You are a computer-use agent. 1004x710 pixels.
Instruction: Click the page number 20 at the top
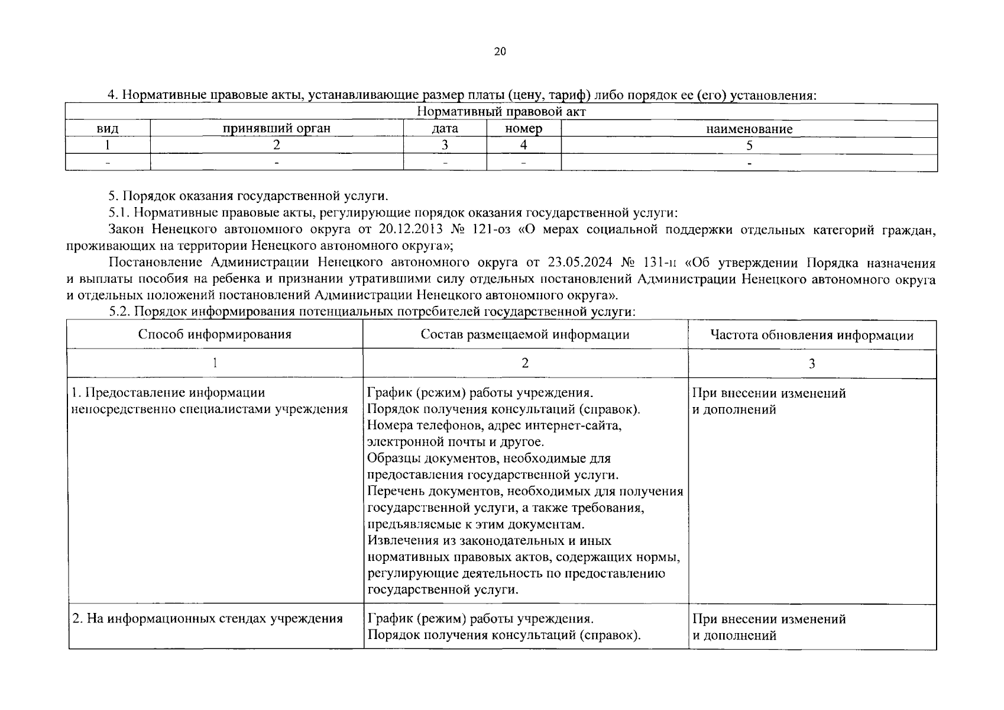tap(500, 51)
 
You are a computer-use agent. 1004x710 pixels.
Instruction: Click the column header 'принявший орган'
tap(276, 129)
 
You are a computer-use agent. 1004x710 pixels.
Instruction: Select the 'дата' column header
tap(445, 129)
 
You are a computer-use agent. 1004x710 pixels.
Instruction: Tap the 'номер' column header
tap(523, 129)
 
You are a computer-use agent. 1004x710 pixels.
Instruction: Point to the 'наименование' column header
tap(749, 129)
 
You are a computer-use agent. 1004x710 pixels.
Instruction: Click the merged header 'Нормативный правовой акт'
tap(501, 112)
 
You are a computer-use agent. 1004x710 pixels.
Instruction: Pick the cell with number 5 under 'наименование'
tap(749, 146)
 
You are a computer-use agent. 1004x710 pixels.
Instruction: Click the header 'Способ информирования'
tap(215, 334)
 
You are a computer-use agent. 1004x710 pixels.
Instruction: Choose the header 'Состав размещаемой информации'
tap(525, 335)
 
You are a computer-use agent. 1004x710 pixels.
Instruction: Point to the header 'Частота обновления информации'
tap(811, 335)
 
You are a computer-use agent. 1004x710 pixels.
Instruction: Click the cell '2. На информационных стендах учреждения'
tap(207, 619)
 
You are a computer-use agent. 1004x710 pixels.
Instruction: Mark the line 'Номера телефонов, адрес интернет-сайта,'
tap(494, 425)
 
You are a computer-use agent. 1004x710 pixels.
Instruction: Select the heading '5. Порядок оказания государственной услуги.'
tap(248, 196)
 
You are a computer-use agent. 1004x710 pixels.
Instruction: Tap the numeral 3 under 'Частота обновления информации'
tap(811, 363)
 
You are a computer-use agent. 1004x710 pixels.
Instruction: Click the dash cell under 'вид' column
tap(108, 162)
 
